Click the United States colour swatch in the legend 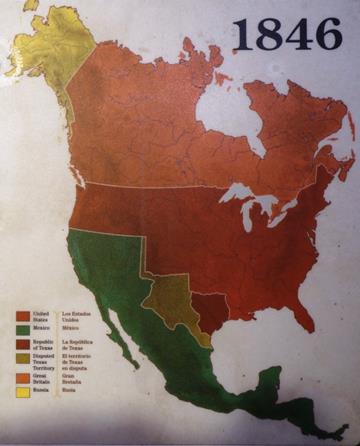[x=21, y=314]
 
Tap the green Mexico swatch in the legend [x=21, y=328]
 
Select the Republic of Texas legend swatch [x=21, y=343]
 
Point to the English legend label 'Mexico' [x=40, y=328]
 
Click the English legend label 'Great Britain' [x=40, y=378]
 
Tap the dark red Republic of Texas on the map [x=210, y=309]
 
